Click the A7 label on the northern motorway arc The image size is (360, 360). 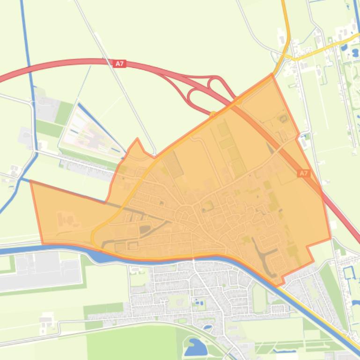coord(120,63)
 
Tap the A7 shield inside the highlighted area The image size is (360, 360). coord(303,173)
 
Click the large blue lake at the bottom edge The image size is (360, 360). coord(196,347)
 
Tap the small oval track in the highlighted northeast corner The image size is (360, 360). coord(283,118)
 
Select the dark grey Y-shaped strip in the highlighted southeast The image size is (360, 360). coord(263,252)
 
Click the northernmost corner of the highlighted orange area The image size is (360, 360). coord(272,75)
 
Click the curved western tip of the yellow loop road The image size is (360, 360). coord(93,237)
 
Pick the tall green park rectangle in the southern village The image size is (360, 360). coord(259,297)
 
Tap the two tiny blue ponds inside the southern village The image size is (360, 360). coord(198,303)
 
